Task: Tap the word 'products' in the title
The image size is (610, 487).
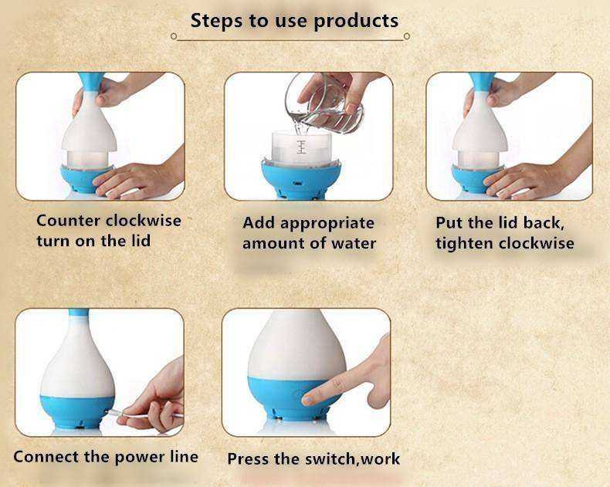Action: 356,22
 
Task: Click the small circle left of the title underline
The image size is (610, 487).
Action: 174,36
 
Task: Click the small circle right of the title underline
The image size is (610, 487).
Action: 406,36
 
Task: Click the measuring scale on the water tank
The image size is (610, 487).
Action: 300,146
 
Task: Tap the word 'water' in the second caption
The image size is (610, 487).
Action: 353,244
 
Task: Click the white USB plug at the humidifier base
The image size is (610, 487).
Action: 113,412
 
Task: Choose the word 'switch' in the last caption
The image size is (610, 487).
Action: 330,459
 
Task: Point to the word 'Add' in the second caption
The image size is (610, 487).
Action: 259,223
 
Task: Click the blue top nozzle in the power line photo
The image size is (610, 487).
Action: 79,313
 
